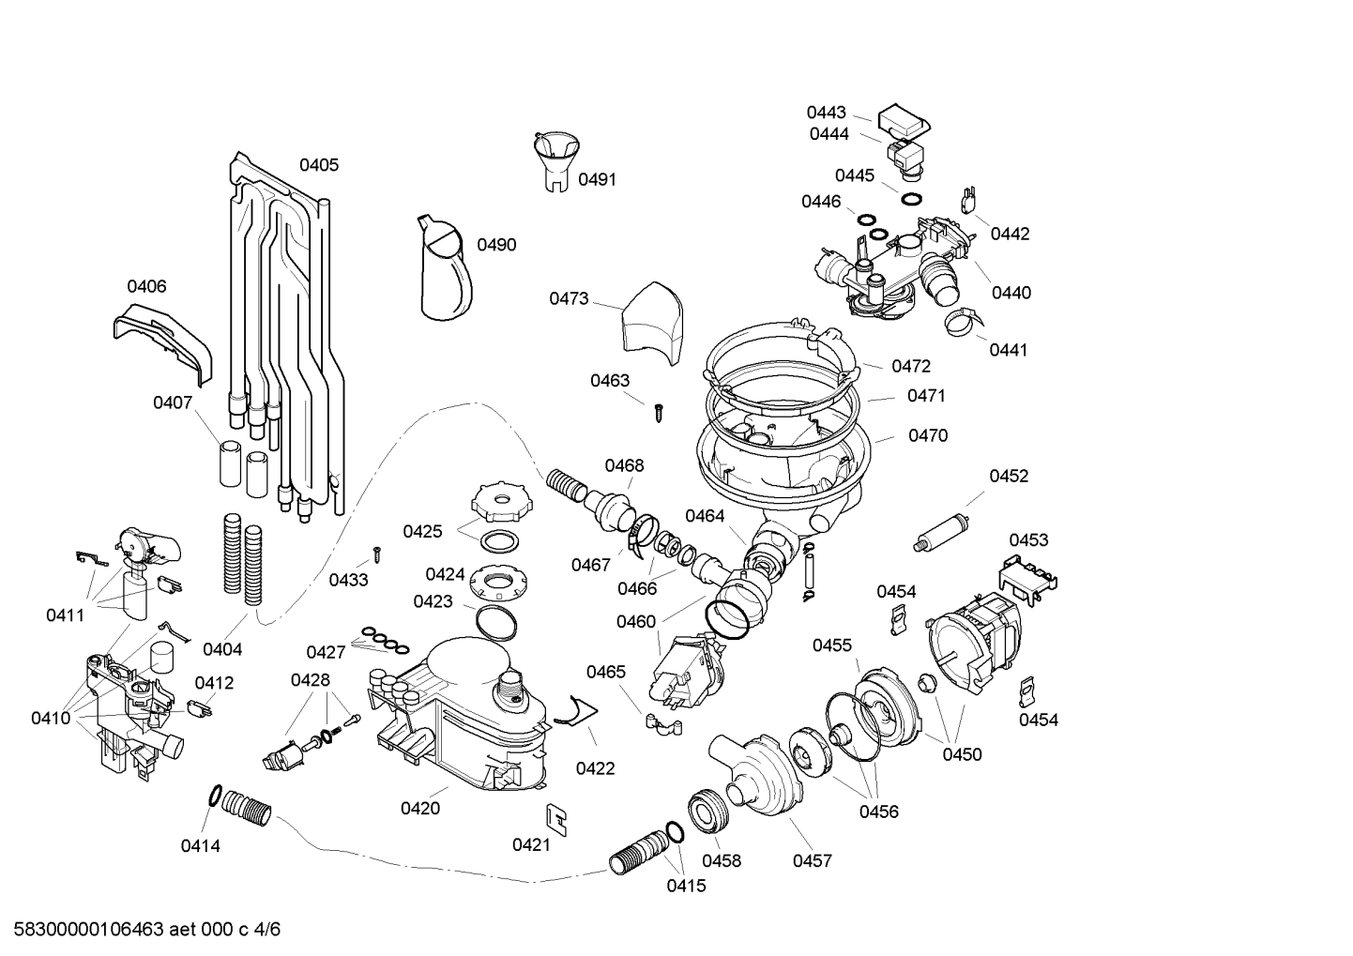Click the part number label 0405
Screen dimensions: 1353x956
319,165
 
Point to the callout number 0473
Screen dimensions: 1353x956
569,298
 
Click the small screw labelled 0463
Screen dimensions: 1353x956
659,414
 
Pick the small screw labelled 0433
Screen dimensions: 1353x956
377,554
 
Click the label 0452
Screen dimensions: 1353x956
1008,476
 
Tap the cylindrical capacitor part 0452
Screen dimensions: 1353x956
942,531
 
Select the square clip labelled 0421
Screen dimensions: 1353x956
556,820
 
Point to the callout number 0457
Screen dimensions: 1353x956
812,860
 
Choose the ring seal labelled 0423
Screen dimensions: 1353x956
496,622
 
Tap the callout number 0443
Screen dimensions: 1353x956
827,113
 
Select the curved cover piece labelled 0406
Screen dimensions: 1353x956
163,341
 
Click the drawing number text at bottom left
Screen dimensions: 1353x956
146,929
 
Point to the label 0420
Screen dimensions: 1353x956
419,808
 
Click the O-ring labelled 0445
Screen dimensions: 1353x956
911,199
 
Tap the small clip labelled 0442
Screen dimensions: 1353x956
967,200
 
